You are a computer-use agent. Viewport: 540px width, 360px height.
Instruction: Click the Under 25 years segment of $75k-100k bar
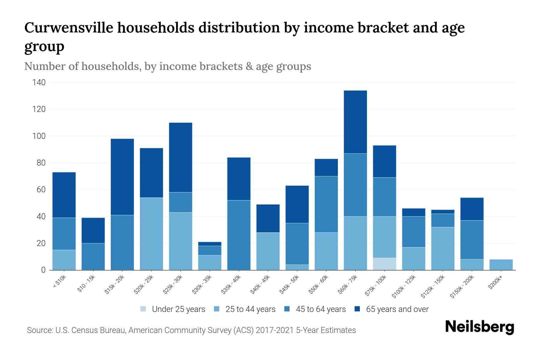click(384, 264)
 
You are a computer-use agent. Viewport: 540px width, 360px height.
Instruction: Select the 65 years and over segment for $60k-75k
click(355, 122)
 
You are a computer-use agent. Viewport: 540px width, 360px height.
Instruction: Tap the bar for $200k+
click(501, 265)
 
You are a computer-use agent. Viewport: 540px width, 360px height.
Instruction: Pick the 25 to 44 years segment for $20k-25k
click(151, 234)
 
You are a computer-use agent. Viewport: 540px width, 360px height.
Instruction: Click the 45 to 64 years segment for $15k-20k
click(122, 242)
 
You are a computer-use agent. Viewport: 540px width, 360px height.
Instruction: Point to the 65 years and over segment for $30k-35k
click(210, 244)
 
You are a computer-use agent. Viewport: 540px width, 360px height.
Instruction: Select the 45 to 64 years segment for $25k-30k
click(181, 202)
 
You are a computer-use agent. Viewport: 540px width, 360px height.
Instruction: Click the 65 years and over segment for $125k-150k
click(443, 212)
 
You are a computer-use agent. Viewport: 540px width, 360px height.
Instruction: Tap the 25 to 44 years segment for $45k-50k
click(297, 267)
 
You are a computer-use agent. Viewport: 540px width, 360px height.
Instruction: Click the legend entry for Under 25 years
click(172, 309)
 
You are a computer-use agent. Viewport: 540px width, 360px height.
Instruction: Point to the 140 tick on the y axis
click(39, 82)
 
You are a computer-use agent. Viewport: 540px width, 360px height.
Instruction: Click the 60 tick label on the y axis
click(41, 190)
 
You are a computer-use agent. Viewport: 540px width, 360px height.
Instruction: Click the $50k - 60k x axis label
click(319, 285)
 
